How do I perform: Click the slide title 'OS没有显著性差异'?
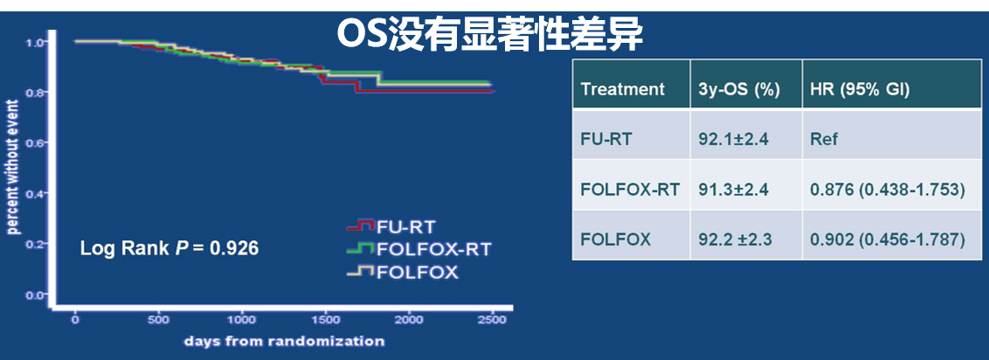click(x=489, y=35)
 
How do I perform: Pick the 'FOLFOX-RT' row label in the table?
click(x=630, y=189)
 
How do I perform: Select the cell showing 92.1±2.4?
click(x=734, y=138)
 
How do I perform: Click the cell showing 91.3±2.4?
click(x=734, y=189)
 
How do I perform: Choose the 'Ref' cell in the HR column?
click(x=824, y=138)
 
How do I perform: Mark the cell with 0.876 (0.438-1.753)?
click(x=888, y=189)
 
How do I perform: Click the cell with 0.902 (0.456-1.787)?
click(x=888, y=239)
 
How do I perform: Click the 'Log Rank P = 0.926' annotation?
click(x=169, y=248)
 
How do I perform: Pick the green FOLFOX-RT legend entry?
click(x=418, y=249)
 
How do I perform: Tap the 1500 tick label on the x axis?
click(x=326, y=321)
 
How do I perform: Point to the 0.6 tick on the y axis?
click(x=36, y=142)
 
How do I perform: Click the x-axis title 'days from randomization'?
click(x=284, y=341)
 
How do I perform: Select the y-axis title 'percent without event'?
click(x=12, y=167)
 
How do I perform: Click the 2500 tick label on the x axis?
click(x=493, y=321)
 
